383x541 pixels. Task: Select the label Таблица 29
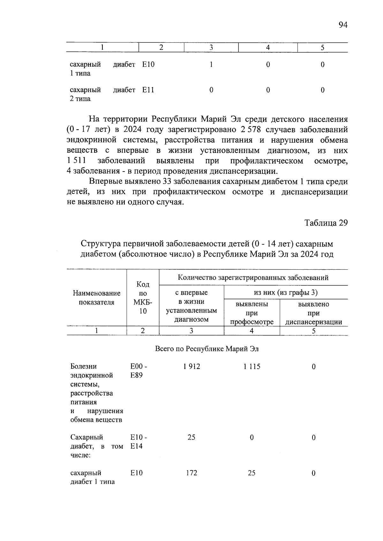click(326, 223)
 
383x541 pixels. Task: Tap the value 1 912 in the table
click(191, 367)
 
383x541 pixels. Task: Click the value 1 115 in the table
click(252, 367)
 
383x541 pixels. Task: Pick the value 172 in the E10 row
click(191, 473)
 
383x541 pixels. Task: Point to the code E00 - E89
click(139, 371)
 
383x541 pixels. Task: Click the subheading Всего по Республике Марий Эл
click(207, 349)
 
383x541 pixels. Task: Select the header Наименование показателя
click(97, 297)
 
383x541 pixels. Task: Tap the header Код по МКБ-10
click(143, 297)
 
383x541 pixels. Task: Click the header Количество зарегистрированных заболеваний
click(253, 278)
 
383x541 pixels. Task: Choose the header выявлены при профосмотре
click(252, 313)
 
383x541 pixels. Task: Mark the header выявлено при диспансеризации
click(313, 313)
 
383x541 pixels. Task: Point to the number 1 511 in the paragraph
click(77, 161)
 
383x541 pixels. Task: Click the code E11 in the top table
click(148, 90)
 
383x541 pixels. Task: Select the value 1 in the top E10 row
click(211, 65)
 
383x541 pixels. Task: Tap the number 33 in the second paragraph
click(168, 182)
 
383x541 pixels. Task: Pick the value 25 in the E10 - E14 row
click(191, 437)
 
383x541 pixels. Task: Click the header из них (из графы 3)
click(286, 292)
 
